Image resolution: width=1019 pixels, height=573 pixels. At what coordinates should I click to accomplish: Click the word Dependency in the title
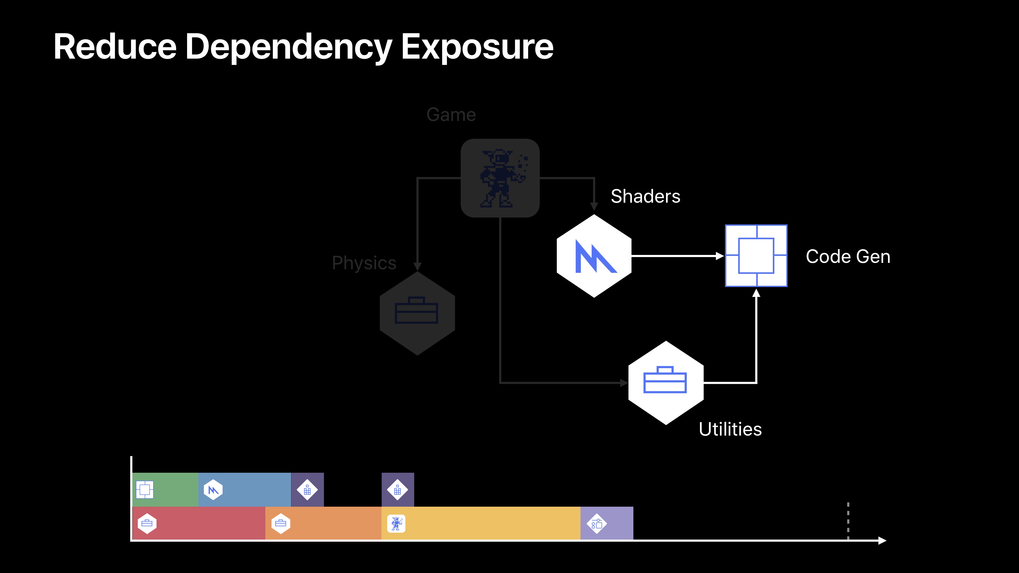[288, 47]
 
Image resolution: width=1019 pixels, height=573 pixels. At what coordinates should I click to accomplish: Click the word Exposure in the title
[477, 47]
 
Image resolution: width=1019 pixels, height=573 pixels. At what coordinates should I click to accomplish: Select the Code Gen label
[848, 256]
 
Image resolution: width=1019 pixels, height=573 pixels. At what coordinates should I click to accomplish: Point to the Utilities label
[730, 429]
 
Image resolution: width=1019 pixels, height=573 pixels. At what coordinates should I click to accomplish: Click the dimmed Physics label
[364, 263]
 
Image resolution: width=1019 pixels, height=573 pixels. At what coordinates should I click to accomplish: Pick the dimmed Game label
[451, 115]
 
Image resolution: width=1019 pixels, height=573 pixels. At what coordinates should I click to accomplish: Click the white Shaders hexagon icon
[594, 256]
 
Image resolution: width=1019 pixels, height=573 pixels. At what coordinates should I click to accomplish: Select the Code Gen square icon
[756, 256]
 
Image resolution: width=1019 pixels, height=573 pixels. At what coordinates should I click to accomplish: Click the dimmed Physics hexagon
[417, 313]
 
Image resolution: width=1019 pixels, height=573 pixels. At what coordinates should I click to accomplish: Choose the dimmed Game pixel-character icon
[500, 178]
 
